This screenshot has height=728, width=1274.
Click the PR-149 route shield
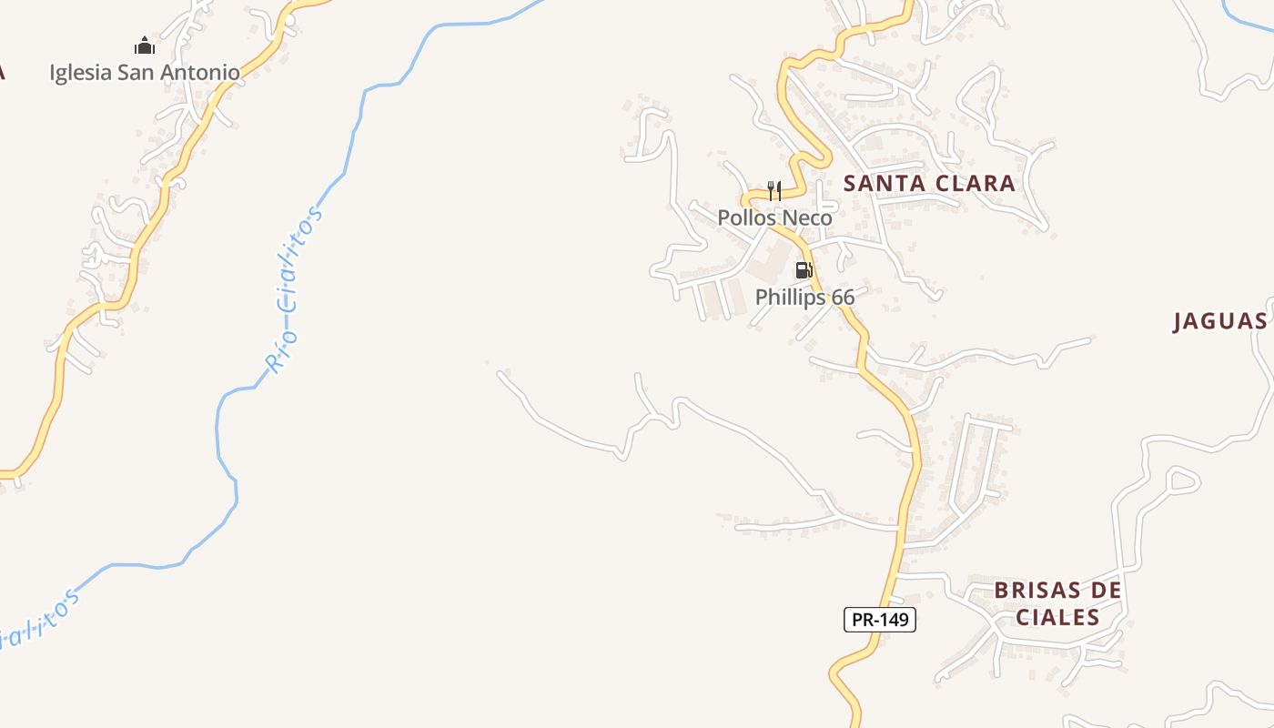879,620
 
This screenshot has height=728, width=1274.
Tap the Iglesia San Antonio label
145,73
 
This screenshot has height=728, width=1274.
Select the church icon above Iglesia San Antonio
145,45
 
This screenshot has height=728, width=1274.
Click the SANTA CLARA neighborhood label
929,183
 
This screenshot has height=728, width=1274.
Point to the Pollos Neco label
774,218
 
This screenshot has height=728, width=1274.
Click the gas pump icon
804,270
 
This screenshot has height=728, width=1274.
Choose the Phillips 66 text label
804,298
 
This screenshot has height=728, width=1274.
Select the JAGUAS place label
1219,321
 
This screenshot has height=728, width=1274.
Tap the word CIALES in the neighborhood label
1057,618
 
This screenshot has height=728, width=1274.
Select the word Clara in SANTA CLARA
974,183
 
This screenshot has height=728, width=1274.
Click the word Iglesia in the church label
80,73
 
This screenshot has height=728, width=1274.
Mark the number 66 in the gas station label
843,298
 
